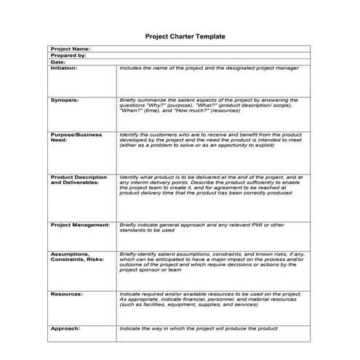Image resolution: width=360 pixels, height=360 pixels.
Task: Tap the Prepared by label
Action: pyautogui.click(x=68, y=55)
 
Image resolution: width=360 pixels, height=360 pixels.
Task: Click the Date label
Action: pyautogui.click(x=58, y=62)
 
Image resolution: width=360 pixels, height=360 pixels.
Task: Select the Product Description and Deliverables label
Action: pyautogui.click(x=79, y=180)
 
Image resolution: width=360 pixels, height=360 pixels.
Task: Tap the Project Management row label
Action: pyautogui.click(x=80, y=225)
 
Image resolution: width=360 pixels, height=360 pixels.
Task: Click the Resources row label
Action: pyautogui.click(x=66, y=294)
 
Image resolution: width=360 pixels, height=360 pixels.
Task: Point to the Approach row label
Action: pyautogui.click(x=65, y=329)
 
